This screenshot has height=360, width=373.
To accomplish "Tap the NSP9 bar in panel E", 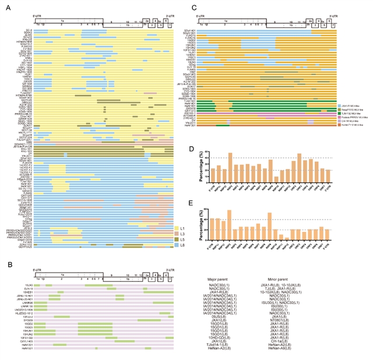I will click(x=269, y=227).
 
